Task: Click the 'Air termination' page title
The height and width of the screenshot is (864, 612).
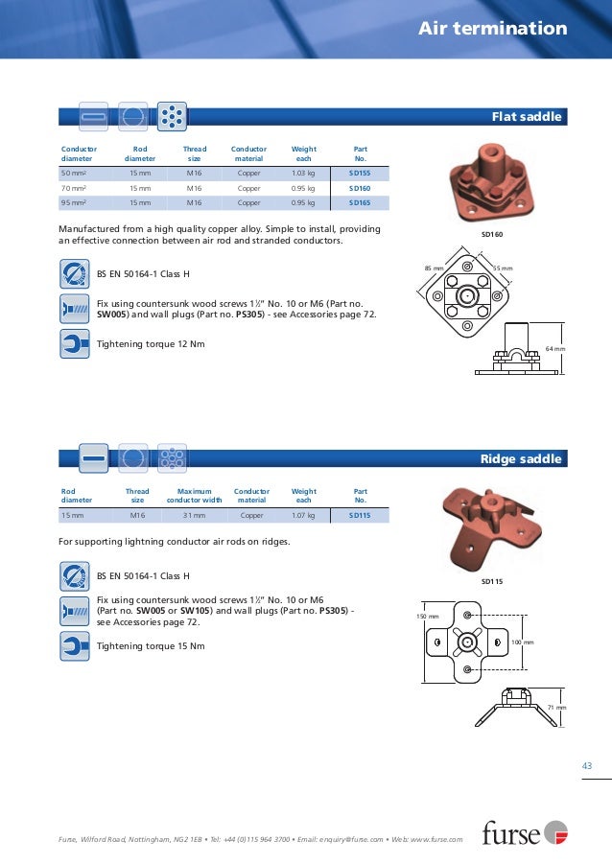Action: point(492,29)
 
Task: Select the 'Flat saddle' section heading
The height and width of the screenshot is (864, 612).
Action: point(526,117)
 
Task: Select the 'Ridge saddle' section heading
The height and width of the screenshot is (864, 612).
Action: point(520,459)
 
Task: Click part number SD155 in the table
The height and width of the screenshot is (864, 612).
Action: point(360,174)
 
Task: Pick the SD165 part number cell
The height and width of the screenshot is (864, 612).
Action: point(360,203)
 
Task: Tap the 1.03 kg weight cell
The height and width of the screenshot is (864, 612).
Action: point(304,174)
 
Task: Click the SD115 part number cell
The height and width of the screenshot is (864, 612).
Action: point(360,516)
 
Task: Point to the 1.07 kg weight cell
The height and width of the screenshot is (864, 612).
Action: point(304,516)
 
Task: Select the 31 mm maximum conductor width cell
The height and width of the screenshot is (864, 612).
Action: point(195,516)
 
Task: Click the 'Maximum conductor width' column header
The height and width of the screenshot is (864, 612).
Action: point(195,495)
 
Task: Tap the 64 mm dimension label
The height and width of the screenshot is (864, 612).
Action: point(555,348)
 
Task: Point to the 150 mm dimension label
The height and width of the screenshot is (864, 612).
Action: point(427,616)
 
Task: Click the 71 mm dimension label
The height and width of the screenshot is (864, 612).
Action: point(556,708)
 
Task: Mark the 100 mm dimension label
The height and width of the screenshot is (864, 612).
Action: point(522,641)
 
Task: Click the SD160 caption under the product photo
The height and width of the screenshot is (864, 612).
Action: point(492,234)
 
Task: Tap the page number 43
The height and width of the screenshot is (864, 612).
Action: point(588,764)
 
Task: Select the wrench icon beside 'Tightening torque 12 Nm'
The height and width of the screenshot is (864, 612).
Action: point(75,343)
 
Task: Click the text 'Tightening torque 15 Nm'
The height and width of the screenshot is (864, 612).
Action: point(151,645)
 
